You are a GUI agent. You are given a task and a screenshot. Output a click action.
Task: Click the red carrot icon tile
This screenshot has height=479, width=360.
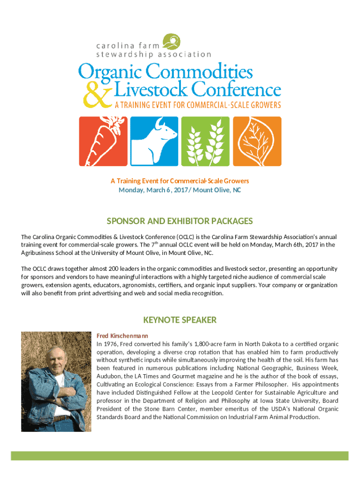point(102,141)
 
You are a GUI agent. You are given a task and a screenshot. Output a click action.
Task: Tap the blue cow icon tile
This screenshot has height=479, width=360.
point(153,141)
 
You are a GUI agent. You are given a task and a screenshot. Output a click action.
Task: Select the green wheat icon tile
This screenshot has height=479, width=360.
point(205,141)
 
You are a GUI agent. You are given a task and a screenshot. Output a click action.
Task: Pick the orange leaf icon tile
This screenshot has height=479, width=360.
point(257,141)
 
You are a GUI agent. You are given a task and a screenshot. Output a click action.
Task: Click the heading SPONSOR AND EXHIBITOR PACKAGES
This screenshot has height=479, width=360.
point(180,221)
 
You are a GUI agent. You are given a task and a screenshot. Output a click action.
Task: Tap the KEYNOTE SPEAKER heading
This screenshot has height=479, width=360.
point(180,320)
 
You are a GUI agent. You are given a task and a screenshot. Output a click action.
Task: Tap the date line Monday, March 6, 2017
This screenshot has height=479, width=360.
point(180,190)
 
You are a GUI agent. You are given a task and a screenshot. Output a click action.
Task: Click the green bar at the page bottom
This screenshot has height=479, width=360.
point(180,456)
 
